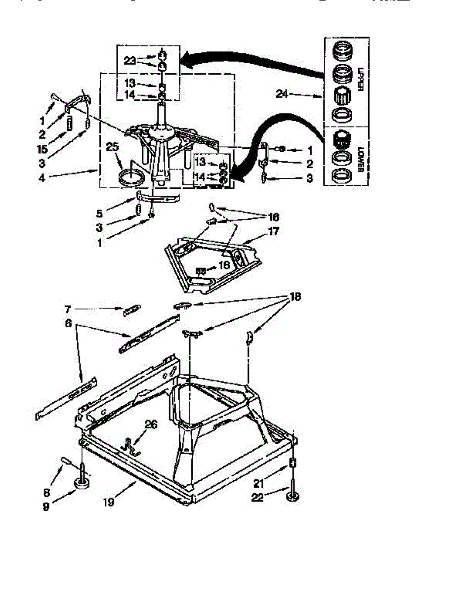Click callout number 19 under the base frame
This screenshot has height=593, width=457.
(x=109, y=502)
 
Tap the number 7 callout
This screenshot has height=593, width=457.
(x=68, y=309)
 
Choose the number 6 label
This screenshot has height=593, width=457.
(x=68, y=324)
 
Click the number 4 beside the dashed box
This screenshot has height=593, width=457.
(x=42, y=176)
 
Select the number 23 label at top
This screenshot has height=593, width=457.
(x=129, y=60)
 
